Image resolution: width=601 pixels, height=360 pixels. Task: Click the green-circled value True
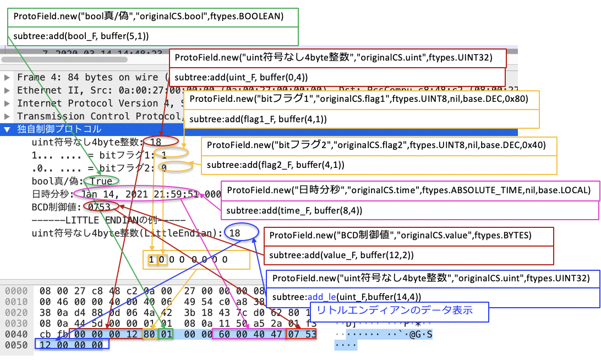click(102, 181)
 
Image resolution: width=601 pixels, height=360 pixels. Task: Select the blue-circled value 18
click(235, 233)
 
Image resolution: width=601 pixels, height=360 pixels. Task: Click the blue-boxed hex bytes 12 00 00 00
click(72, 345)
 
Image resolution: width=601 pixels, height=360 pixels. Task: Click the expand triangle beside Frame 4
click(7, 78)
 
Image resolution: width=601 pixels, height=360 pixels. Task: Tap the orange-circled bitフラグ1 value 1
click(164, 155)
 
